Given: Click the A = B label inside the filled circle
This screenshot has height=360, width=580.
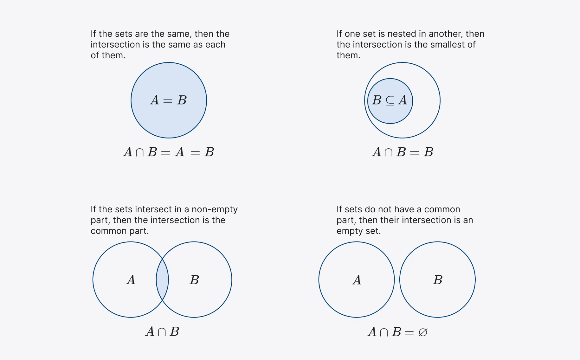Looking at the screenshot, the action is pyautogui.click(x=168, y=100).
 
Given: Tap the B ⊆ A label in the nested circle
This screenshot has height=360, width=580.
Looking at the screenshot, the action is pyautogui.click(x=390, y=100).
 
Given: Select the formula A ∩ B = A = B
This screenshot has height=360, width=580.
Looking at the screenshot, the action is pyautogui.click(x=169, y=152).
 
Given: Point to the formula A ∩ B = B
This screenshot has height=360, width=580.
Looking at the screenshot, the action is pyautogui.click(x=403, y=152).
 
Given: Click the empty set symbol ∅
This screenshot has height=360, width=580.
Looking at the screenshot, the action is pyautogui.click(x=423, y=332).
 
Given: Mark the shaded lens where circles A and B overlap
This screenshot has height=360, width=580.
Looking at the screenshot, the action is pyautogui.click(x=162, y=280).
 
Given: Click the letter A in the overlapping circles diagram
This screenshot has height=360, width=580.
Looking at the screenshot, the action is pyautogui.click(x=131, y=280).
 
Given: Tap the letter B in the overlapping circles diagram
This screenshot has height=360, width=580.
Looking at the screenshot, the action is pyautogui.click(x=194, y=280).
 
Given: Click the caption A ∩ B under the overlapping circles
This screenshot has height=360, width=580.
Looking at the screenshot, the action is pyautogui.click(x=162, y=332).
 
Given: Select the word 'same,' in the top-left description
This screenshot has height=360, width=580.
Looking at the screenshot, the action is pyautogui.click(x=178, y=34).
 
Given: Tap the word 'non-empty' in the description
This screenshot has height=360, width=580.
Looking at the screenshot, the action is pyautogui.click(x=215, y=209).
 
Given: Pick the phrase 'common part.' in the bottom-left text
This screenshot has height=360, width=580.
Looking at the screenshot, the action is pyautogui.click(x=119, y=231).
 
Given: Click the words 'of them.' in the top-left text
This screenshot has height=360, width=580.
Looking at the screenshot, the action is pyautogui.click(x=108, y=55).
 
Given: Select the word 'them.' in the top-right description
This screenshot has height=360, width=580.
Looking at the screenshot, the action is pyautogui.click(x=348, y=55).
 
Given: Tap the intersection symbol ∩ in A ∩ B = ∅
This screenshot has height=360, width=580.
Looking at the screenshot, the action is pyautogui.click(x=384, y=332).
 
